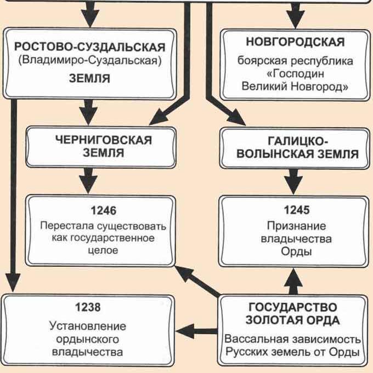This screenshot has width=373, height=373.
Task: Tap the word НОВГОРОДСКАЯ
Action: tap(295, 42)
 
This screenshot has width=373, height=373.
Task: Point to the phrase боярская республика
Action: tap(296, 60)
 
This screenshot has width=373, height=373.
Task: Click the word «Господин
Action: tap(296, 74)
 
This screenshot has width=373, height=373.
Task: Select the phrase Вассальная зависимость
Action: tap(292, 337)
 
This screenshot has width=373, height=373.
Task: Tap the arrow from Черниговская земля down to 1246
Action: tap(89, 179)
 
